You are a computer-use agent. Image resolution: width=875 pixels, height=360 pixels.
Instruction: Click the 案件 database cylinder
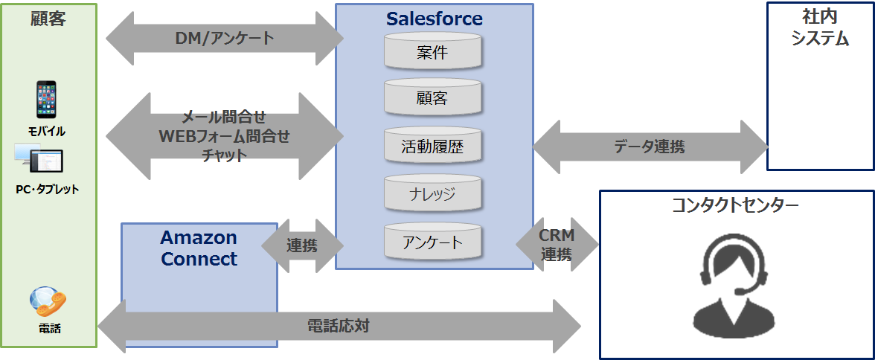tap(432, 52)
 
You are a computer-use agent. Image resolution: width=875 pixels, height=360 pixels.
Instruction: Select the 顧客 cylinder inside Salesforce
tap(432, 98)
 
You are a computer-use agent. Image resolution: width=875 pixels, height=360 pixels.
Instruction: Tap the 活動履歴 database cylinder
tap(432, 147)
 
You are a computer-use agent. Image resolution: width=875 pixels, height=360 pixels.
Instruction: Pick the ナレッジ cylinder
tap(432, 194)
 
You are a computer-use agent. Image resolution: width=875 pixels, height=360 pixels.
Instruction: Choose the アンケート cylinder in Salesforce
tap(432, 242)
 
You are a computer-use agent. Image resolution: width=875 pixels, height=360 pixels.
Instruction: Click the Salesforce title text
tap(434, 19)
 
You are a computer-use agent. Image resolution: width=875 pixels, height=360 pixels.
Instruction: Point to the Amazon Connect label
tap(199, 248)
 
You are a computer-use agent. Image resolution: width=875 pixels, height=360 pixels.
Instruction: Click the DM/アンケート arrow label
tap(225, 38)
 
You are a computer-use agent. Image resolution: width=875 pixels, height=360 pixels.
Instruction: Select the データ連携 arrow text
tap(650, 147)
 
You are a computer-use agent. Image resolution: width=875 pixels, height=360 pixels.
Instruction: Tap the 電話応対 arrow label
tap(339, 326)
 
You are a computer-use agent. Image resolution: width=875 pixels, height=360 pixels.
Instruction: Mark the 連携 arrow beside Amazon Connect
tap(302, 245)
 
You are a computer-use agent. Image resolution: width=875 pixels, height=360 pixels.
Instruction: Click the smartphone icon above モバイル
tap(47, 100)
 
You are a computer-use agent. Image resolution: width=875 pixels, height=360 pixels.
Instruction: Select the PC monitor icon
tap(39, 161)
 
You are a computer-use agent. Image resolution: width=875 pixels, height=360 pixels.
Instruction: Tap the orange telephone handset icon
tap(48, 300)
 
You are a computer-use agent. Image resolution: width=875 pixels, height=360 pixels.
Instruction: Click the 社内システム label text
tap(820, 28)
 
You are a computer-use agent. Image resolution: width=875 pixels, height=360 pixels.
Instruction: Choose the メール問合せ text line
tap(224, 117)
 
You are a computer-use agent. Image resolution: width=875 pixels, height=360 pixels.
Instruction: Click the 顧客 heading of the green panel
tap(48, 19)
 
